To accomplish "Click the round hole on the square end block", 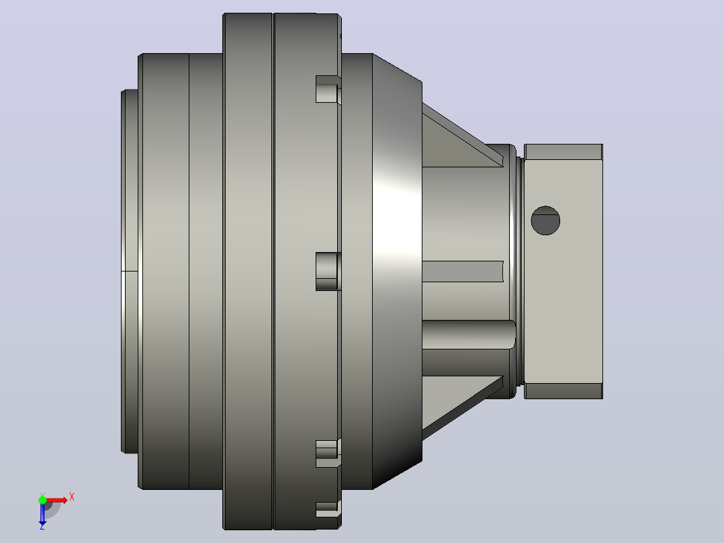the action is [x=545, y=220].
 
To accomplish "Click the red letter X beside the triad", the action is [x=72, y=497].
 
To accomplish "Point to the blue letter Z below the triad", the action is [x=42, y=526].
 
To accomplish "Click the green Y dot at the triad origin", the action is [x=42, y=500].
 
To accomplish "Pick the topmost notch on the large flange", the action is [x=328, y=89].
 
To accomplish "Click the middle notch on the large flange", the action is [x=328, y=271].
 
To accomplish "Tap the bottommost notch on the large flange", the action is [x=328, y=509].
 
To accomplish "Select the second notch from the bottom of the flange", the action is [x=328, y=454].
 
